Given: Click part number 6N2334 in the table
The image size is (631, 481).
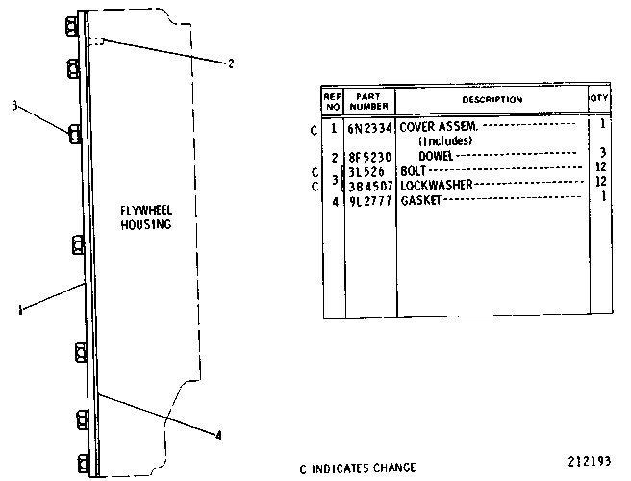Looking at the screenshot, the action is (369, 128).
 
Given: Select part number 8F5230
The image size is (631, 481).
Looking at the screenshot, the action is (369, 157).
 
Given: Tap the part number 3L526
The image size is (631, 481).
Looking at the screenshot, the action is (366, 172).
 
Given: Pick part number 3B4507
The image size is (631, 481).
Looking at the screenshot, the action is (370, 187).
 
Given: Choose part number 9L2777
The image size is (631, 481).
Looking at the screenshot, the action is (369, 201).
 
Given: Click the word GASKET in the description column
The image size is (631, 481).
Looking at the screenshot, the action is (421, 200).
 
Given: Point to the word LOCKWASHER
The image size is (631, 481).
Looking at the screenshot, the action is (437, 185).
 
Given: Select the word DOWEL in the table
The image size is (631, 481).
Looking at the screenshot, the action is (436, 156).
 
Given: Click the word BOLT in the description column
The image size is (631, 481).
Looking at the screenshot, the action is (413, 171).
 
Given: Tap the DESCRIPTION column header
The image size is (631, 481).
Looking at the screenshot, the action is (492, 99).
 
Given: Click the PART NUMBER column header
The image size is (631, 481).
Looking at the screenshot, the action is (368, 101).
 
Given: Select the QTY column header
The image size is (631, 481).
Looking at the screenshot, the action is (599, 98).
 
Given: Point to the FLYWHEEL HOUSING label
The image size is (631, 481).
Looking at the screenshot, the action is (146, 217).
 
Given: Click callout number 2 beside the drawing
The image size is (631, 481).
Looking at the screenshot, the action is (231, 63).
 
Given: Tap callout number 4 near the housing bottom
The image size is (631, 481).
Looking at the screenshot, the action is (218, 435).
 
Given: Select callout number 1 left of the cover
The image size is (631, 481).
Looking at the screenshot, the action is (20, 310).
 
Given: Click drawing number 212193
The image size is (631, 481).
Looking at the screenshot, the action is (589, 461).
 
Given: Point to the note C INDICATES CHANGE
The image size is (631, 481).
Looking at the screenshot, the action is (358, 468).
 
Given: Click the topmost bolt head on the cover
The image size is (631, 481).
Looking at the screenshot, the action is (71, 27).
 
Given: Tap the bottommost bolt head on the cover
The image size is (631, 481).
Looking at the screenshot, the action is (84, 464).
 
